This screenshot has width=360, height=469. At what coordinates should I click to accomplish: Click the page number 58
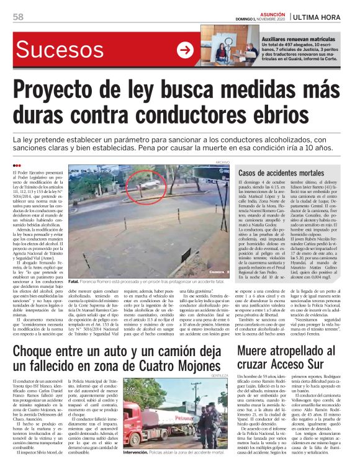click(18, 17)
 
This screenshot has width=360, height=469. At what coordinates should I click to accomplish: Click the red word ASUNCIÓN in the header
click(274, 13)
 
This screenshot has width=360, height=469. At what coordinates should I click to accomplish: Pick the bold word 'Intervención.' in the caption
click(137, 453)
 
